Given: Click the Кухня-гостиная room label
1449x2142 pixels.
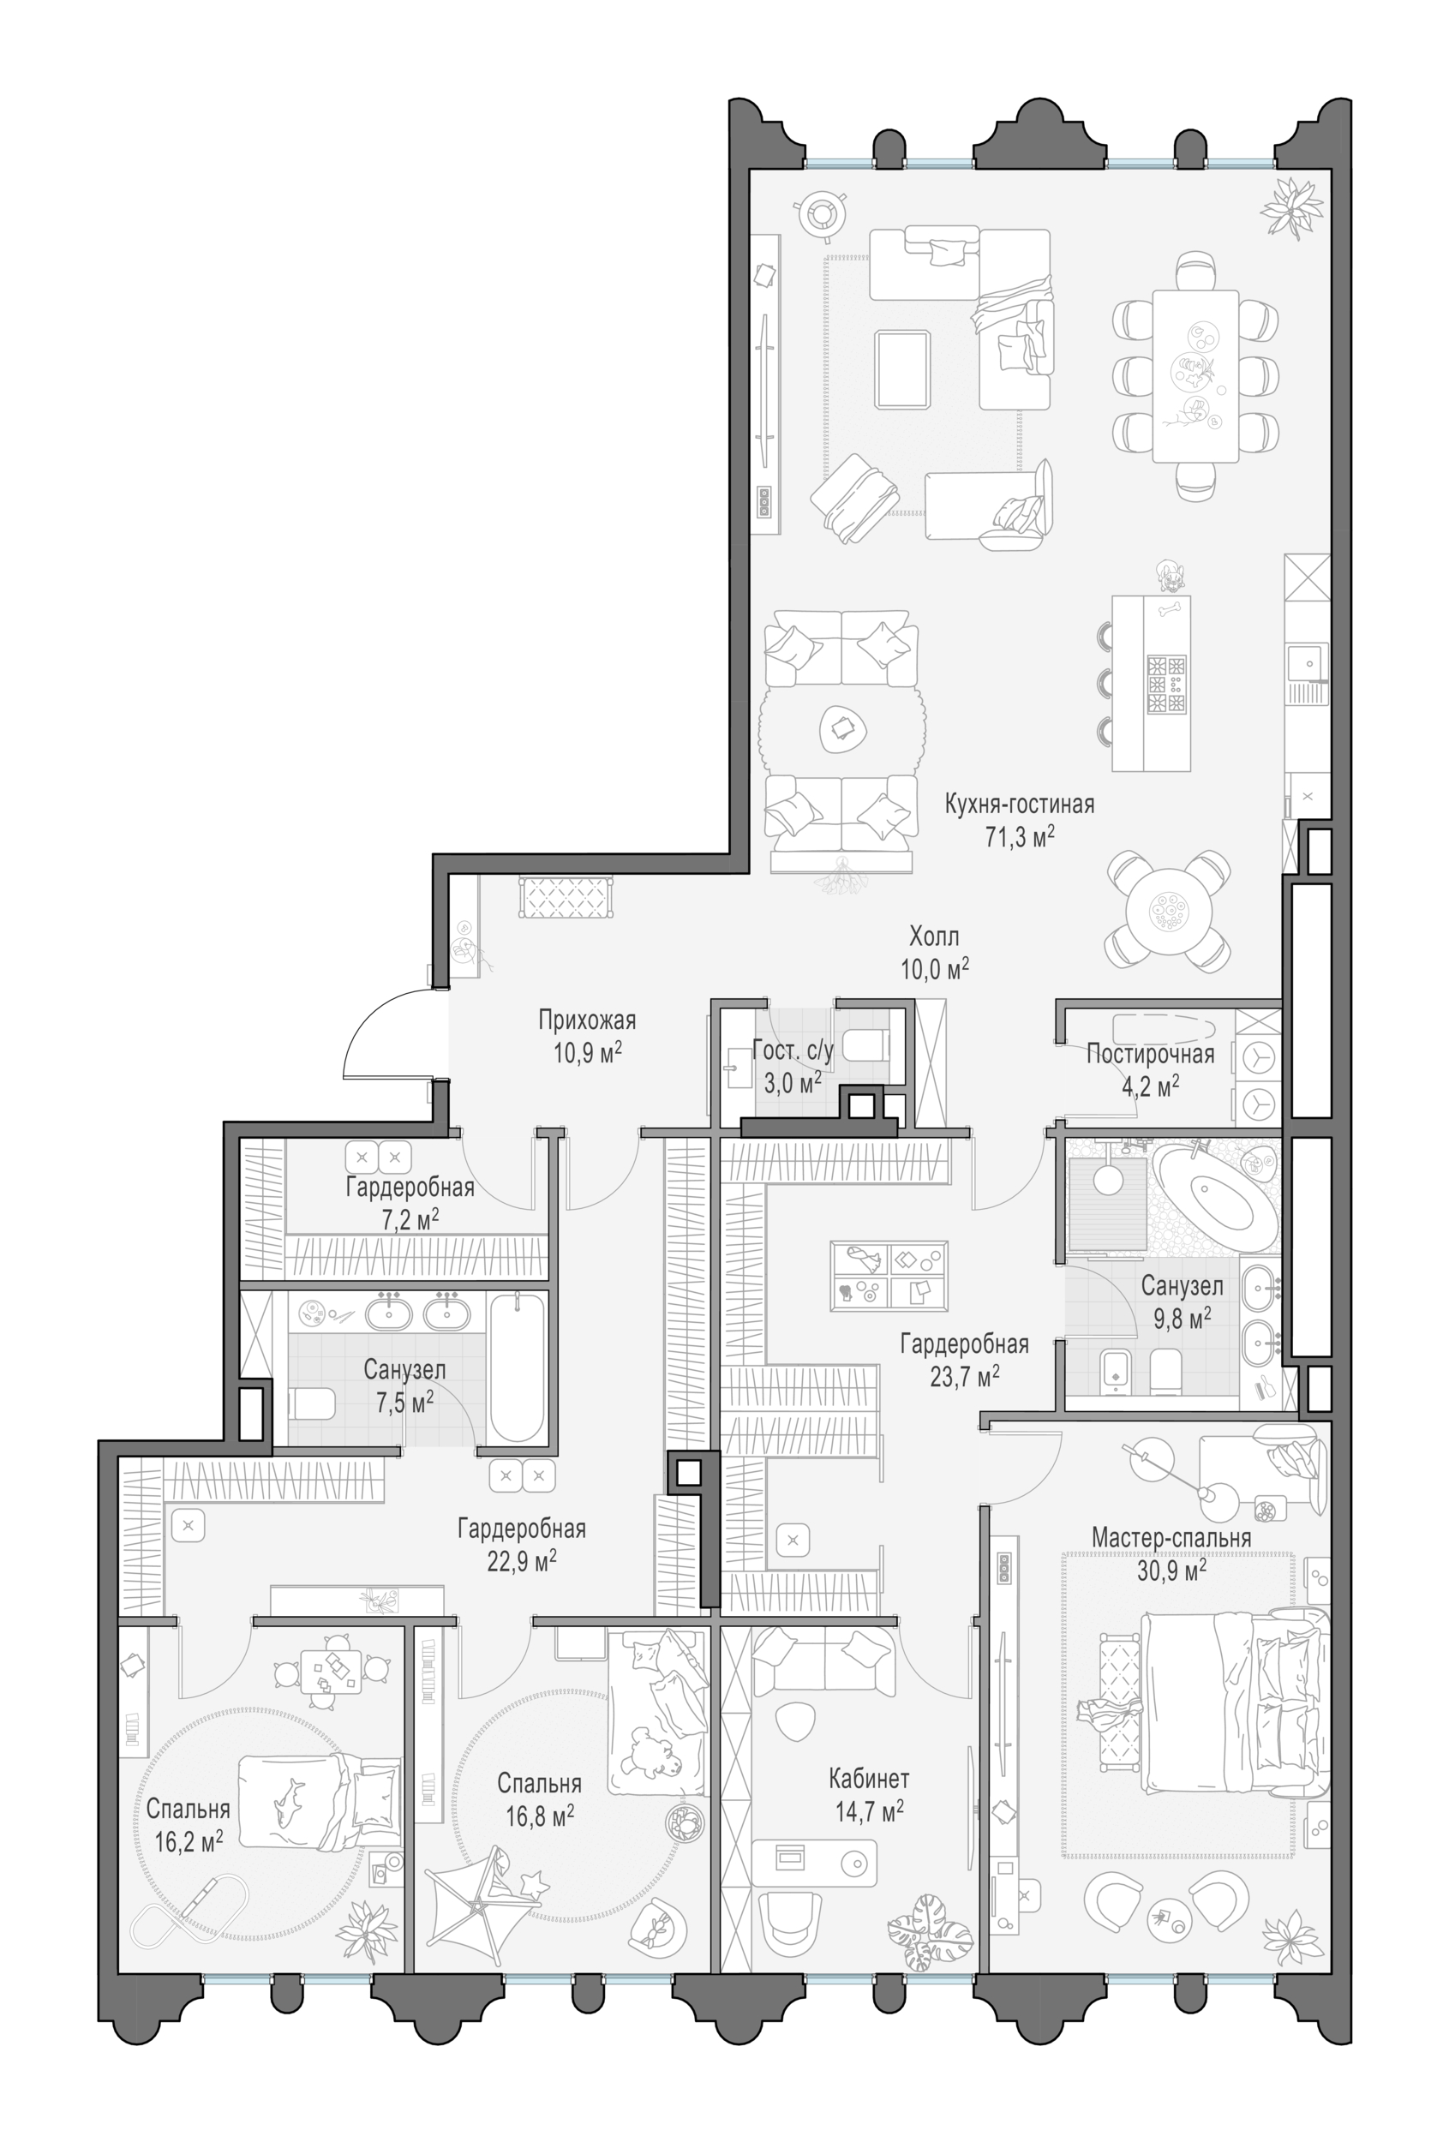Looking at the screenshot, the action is click(1019, 805).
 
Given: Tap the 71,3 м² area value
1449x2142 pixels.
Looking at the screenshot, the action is click(1020, 837).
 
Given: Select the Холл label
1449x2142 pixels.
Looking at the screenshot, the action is click(934, 936).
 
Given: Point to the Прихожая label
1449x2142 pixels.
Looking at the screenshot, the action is click(587, 1020).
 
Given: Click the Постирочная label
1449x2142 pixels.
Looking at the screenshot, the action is click(1150, 1054).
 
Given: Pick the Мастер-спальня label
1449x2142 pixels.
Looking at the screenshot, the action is click(1171, 1537).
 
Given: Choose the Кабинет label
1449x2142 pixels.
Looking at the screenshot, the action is click(868, 1778).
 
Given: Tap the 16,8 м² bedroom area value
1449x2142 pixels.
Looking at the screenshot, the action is click(539, 1816).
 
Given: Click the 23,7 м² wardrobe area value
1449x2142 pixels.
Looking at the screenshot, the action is click(964, 1377).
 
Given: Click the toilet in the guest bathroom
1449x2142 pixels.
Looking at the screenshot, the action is click(865, 1045).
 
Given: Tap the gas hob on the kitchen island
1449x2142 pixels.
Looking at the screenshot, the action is click(1165, 684).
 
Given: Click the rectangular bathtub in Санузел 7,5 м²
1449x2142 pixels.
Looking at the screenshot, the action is click(517, 1367).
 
